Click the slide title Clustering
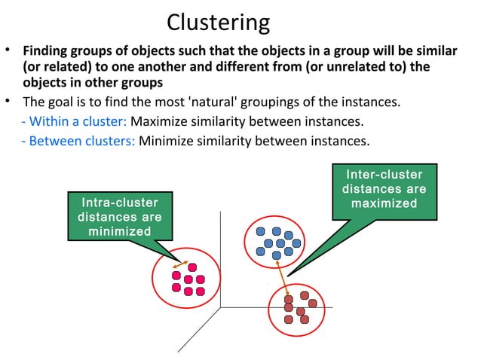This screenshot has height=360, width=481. click(x=218, y=22)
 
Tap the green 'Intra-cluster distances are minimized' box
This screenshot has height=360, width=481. click(x=120, y=216)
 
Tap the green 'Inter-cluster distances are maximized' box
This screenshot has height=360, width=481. click(x=384, y=189)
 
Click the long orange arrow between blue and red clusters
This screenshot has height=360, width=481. click(x=282, y=276)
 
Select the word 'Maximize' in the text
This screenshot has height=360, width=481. click(x=158, y=121)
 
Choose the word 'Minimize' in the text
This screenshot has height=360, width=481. click(x=164, y=140)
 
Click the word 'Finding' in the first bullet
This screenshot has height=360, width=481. click(x=45, y=53)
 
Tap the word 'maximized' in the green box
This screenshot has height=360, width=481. click(x=384, y=204)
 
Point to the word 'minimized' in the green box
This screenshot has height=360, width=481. click(x=120, y=231)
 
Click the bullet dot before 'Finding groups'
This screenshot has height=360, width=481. click(x=8, y=52)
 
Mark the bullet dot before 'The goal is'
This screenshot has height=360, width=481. click(x=8, y=102)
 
